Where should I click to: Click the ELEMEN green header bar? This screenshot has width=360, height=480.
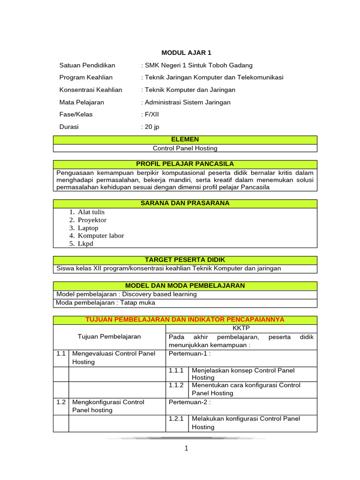click(x=185, y=140)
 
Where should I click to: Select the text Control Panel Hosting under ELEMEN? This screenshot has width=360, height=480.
click(x=185, y=148)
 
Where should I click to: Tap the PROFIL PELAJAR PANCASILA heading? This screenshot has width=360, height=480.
click(x=185, y=164)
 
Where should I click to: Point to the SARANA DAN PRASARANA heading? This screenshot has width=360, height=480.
click(x=185, y=203)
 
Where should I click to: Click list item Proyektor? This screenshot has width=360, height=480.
click(x=92, y=220)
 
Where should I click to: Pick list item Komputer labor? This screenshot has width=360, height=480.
click(x=101, y=236)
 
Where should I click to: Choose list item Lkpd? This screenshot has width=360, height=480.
click(x=86, y=244)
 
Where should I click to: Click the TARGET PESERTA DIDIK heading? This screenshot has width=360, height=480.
click(x=185, y=260)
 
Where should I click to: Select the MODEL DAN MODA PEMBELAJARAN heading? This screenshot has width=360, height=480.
click(x=185, y=285)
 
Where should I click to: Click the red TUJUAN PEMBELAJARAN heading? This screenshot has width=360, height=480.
click(x=185, y=320)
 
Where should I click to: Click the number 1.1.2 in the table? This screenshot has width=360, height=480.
click(x=176, y=385)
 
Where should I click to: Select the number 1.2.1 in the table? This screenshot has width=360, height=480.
click(x=176, y=419)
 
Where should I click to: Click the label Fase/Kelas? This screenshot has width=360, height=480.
click(x=76, y=114)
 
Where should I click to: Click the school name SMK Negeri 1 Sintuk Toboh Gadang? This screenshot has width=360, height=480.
click(x=198, y=65)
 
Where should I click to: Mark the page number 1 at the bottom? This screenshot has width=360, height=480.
click(x=186, y=449)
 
